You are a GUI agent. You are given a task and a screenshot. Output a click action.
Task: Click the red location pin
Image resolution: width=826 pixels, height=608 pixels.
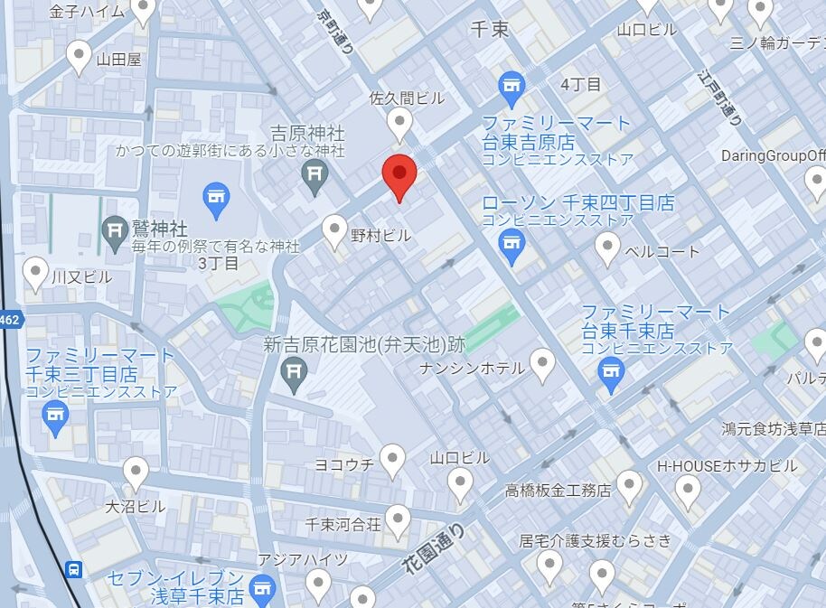click(399, 173)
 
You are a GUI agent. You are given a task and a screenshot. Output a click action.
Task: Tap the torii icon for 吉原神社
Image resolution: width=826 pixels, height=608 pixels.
click(314, 176)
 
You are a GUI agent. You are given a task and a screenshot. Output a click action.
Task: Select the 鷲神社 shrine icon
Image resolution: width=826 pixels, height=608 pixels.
click(115, 229)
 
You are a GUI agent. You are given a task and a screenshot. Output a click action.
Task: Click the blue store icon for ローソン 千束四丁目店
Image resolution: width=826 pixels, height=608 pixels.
click(512, 245)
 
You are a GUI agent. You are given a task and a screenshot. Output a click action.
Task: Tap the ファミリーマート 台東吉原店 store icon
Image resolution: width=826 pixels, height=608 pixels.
click(512, 87)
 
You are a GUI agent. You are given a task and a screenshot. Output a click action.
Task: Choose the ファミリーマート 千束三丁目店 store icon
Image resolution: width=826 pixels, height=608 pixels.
click(56, 417)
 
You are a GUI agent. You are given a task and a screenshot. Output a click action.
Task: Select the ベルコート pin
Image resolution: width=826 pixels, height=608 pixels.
click(608, 248)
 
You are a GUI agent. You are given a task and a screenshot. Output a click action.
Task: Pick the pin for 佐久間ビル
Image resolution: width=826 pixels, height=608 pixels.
click(399, 123)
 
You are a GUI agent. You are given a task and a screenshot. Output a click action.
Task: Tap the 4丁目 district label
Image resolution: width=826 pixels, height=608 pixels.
click(580, 84)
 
